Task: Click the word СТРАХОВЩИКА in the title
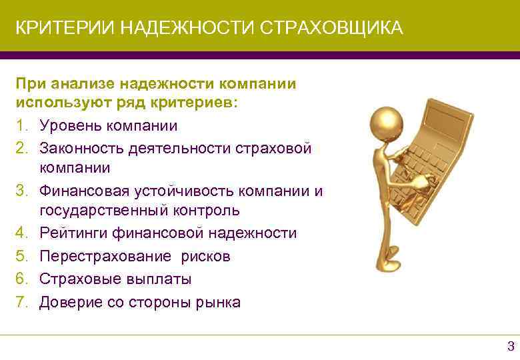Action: [x=331, y=28]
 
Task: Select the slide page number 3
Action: [x=511, y=346]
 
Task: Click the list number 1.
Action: [x=20, y=125]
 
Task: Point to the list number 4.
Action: [x=20, y=233]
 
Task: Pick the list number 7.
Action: [x=20, y=302]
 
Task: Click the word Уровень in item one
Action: [x=71, y=126]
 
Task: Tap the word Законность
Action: [x=81, y=148]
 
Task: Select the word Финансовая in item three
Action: [x=84, y=191]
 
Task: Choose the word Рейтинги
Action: [x=73, y=233]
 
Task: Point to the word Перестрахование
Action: [x=105, y=257]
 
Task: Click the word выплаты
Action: [x=155, y=279]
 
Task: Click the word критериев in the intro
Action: [x=195, y=103]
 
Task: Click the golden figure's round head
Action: [x=387, y=123]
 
